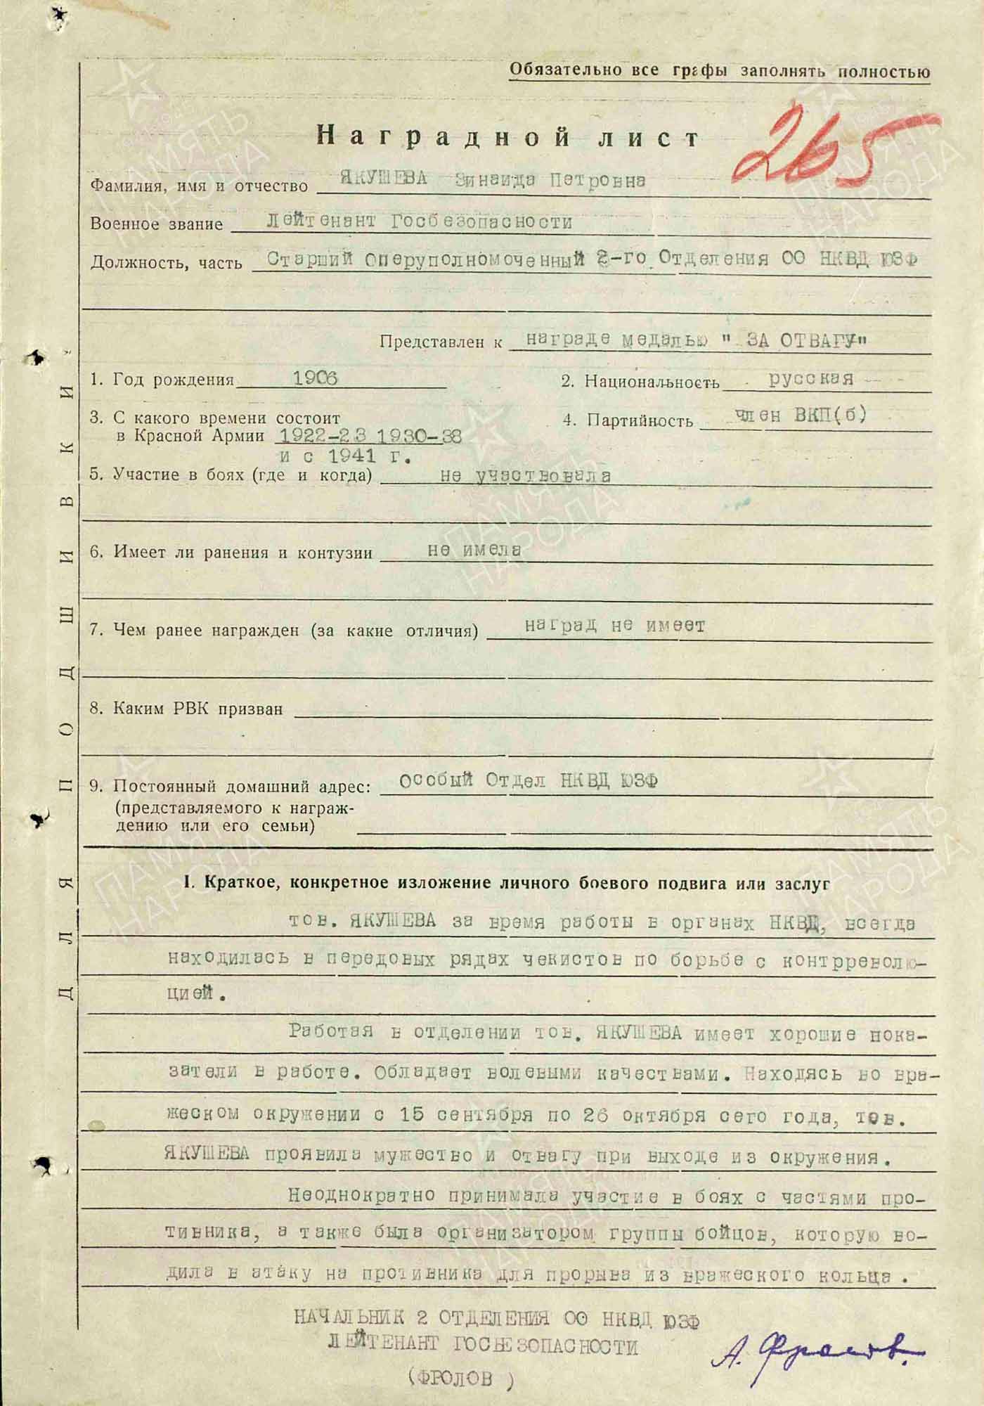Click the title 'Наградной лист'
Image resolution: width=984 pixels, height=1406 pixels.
tap(507, 136)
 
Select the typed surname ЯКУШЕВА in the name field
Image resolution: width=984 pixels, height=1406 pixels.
tap(384, 179)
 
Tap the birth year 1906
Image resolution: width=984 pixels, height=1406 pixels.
tap(315, 378)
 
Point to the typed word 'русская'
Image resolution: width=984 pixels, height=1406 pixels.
tap(811, 378)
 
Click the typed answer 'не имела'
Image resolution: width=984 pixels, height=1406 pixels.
tap(474, 550)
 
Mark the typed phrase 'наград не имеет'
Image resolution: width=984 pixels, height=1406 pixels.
tap(614, 625)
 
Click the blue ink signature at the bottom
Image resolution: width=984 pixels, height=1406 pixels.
tap(815, 1346)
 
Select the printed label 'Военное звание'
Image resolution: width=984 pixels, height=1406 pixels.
tap(156, 224)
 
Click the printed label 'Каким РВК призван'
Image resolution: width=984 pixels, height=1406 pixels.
tap(186, 709)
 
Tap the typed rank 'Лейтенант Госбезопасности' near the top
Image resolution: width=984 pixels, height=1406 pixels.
tap(420, 221)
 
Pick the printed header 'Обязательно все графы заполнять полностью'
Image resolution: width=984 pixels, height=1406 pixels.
tap(719, 71)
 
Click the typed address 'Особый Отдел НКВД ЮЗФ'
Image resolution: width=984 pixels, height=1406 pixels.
tap(528, 780)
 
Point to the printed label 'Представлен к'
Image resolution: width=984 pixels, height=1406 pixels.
tap(441, 342)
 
